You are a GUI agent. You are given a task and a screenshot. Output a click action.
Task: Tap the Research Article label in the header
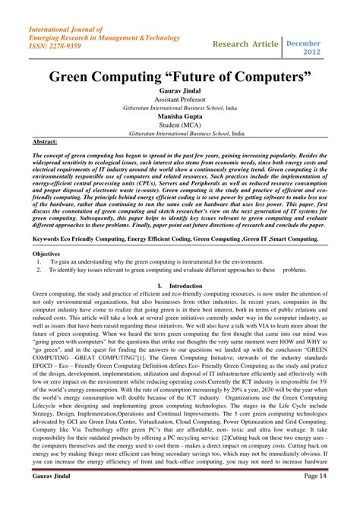coord(246,43)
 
